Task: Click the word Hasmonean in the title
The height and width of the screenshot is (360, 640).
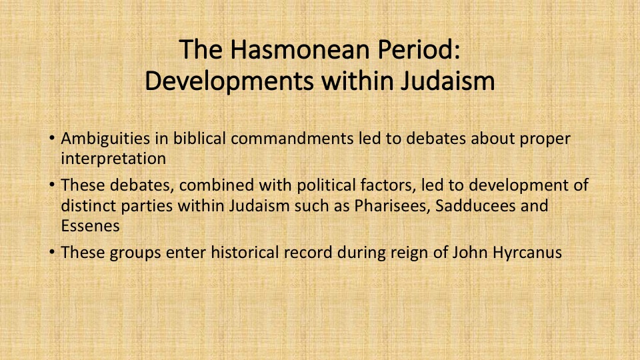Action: (301, 49)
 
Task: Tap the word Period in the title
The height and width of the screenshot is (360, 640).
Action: (419, 49)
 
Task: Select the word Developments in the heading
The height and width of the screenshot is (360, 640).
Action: (229, 81)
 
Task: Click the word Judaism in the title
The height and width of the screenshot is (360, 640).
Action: (447, 81)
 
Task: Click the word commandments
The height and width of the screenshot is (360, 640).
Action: (292, 139)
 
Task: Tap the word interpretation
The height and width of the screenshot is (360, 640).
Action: (113, 159)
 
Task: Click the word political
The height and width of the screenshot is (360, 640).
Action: (326, 186)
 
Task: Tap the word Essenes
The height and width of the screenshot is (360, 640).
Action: (90, 226)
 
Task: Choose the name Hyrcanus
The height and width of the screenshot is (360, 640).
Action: (527, 253)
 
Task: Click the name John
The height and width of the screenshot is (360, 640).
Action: (470, 253)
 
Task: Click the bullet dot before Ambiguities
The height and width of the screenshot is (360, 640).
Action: (52, 138)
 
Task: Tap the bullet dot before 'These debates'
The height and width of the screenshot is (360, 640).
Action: (52, 185)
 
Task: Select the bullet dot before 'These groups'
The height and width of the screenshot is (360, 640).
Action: (52, 252)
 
